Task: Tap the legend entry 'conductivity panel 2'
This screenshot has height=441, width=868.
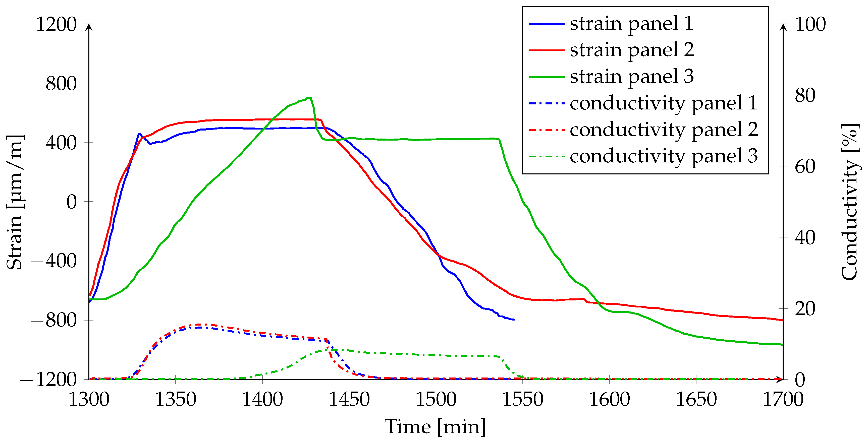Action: (664, 130)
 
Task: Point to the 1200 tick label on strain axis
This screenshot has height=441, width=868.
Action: (56, 24)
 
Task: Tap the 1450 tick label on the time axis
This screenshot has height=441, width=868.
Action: (349, 400)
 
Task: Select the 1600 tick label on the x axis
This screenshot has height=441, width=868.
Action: (609, 400)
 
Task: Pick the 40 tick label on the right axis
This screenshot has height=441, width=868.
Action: (805, 237)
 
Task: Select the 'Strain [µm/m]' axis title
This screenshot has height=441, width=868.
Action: (15, 202)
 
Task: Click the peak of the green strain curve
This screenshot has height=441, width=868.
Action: (309, 98)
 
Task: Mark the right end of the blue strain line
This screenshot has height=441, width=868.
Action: (514, 320)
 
